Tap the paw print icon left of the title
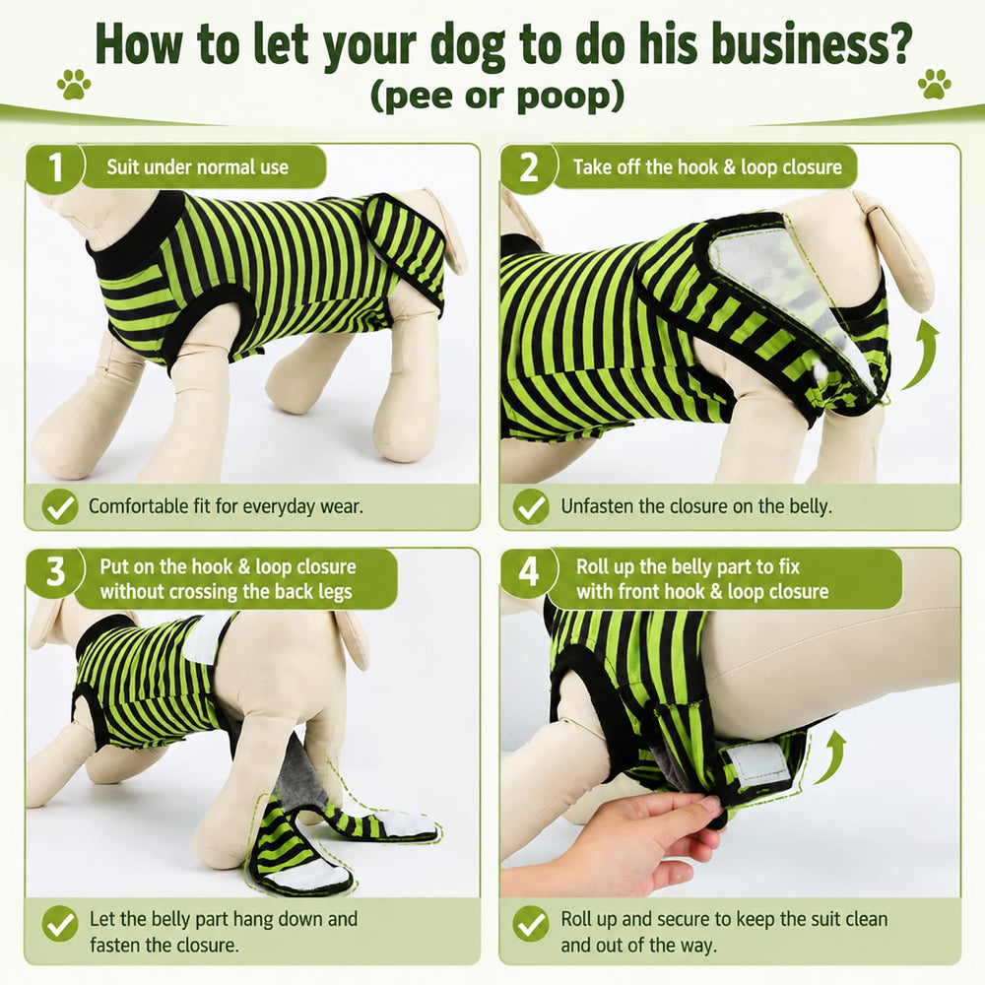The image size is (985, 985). [x=74, y=84]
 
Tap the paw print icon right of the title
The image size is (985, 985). [x=934, y=84]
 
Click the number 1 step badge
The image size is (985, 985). [x=55, y=167]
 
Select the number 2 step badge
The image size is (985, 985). [x=530, y=167]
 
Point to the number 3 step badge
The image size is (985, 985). [x=55, y=571]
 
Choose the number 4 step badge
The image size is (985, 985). [x=530, y=571]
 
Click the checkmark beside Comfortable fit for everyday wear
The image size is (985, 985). [x=60, y=506]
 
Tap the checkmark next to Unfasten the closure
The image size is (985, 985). [x=531, y=506]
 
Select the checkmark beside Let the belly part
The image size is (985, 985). [x=60, y=924]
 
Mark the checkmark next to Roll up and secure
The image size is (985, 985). [x=531, y=924]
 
